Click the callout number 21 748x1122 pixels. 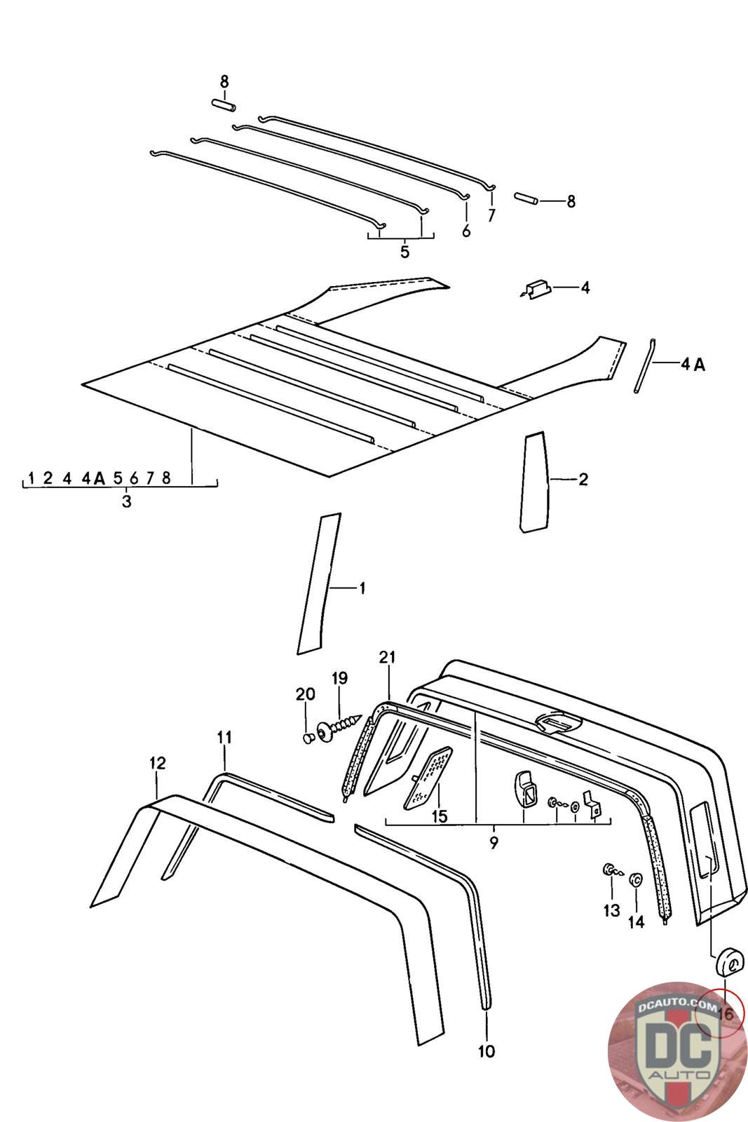(387, 656)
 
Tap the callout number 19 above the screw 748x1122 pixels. (339, 678)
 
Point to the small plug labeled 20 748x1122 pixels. (310, 737)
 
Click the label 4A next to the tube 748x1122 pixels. (693, 365)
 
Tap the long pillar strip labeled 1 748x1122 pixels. (319, 583)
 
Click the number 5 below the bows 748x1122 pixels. (404, 252)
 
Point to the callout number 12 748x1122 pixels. (157, 763)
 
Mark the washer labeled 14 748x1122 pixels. (636, 878)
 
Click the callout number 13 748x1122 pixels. (612, 910)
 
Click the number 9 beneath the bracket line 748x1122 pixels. (494, 842)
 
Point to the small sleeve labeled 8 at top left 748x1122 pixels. (223, 105)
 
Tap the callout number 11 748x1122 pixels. (224, 737)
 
